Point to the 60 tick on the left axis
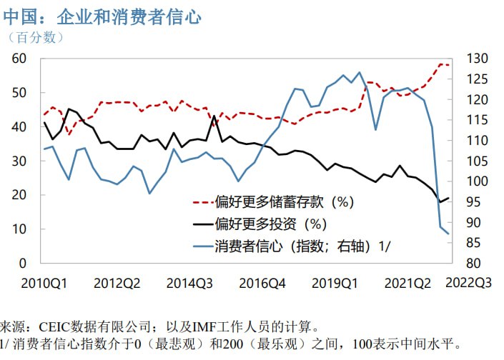click(19, 59)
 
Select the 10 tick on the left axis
click(19, 229)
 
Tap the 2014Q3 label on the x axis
click(190, 283)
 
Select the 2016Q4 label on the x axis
click(263, 283)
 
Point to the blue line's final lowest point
click(448, 234)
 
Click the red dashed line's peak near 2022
click(440, 64)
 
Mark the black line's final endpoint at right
click(448, 198)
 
